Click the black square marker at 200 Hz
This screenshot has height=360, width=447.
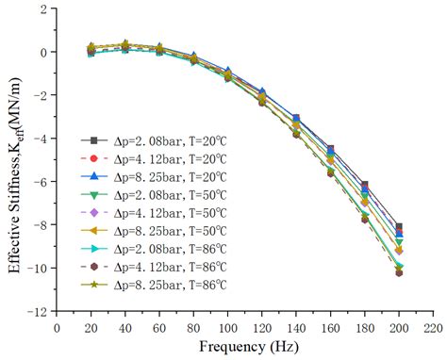399,227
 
